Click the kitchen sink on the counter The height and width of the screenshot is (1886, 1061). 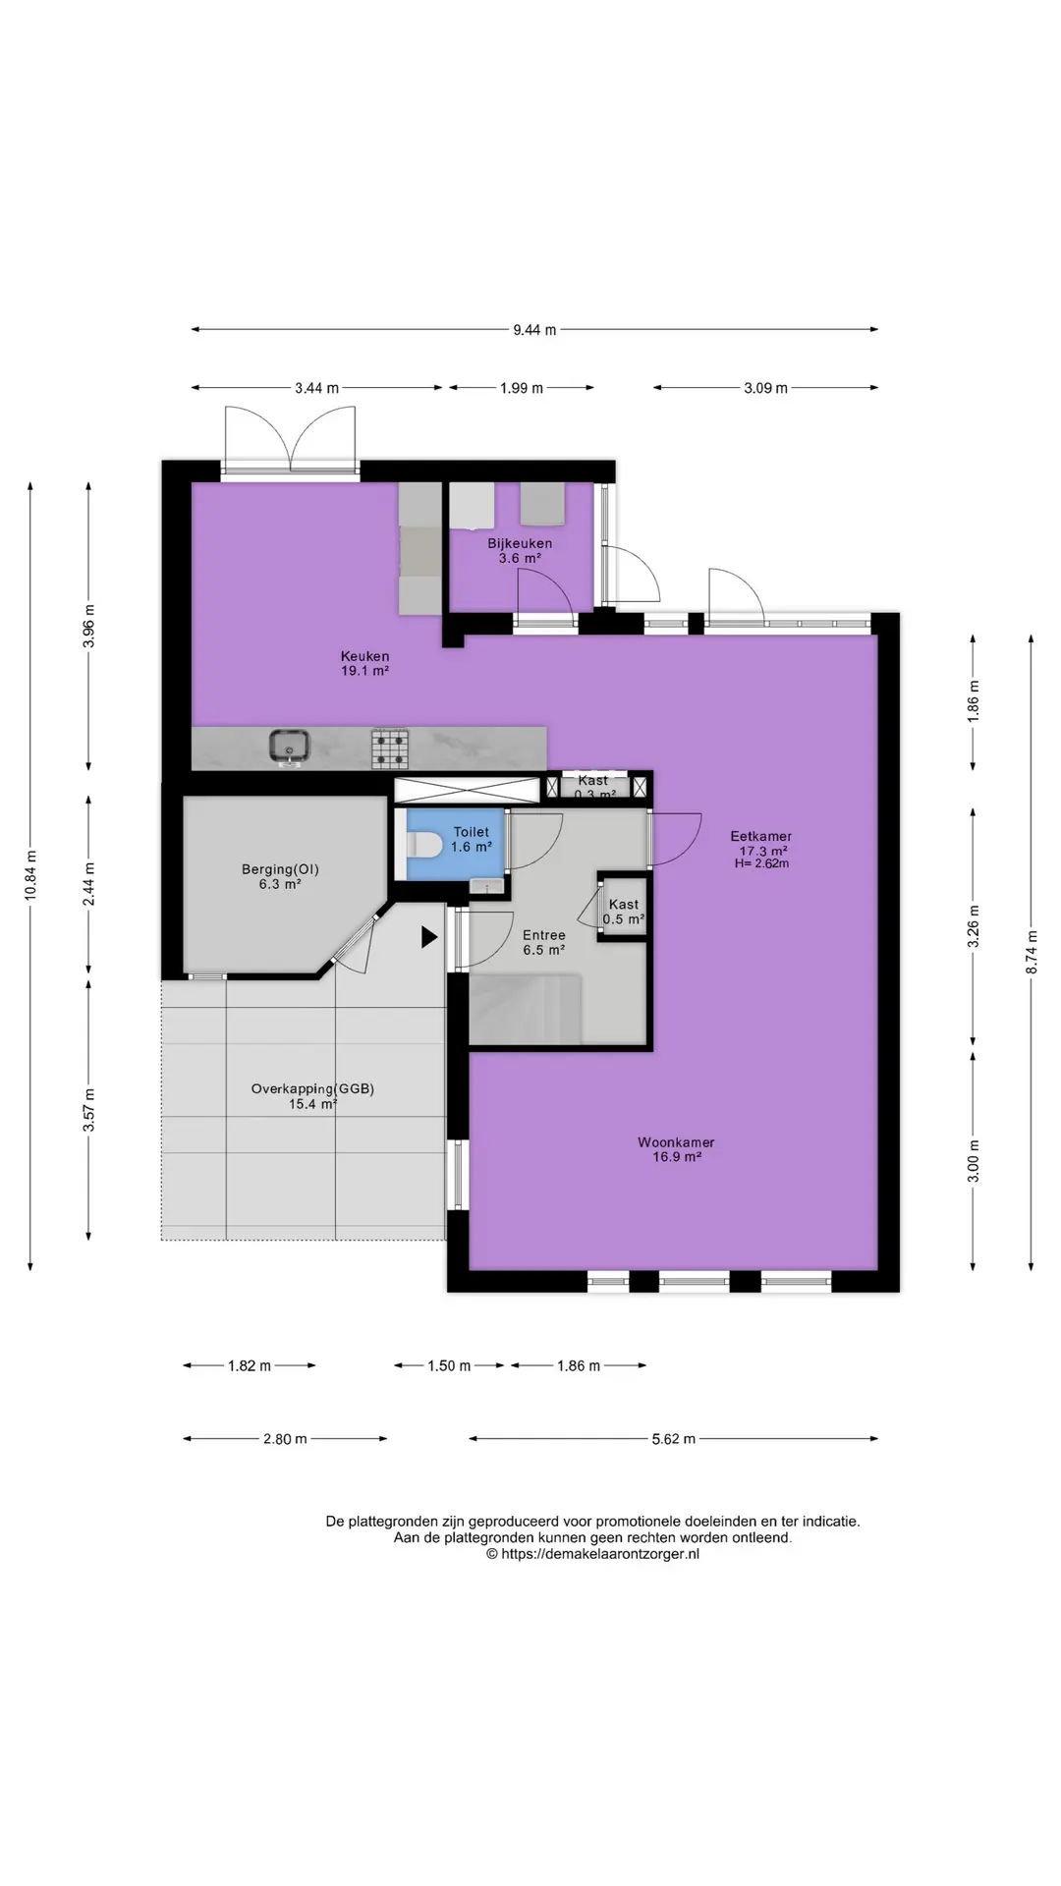coord(290,747)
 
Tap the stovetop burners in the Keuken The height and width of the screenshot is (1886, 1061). coord(389,748)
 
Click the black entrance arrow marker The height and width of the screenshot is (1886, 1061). coord(429,937)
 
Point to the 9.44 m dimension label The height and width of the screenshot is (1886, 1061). coord(534,330)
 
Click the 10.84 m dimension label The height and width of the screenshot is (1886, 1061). coord(31,874)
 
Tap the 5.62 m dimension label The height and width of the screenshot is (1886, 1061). coord(674,1439)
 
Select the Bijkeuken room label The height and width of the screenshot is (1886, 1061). coord(520,543)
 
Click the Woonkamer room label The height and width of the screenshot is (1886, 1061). coord(676,1142)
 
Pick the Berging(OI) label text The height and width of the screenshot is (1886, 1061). coord(281,869)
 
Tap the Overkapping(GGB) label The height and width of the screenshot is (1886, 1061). coord(312,1088)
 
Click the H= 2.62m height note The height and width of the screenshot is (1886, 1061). coord(761,863)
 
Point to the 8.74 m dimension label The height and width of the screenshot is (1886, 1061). coord(1033,953)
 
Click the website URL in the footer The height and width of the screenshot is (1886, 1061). coord(592,1554)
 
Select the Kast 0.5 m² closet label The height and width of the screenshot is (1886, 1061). coord(624,912)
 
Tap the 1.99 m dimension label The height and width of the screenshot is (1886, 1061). coord(522,388)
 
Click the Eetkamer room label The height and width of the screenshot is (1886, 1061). coord(761,837)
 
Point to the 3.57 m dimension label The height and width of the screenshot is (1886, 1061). coord(89,1111)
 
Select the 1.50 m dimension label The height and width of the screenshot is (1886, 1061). coord(450,1365)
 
